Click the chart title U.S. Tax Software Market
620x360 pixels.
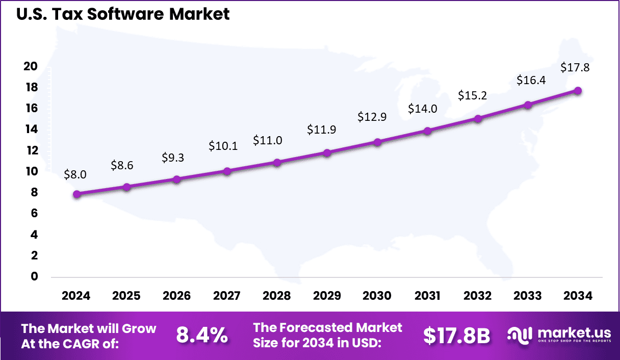pos(123,14)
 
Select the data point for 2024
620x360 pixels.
pos(76,194)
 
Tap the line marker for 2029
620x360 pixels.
pos(327,152)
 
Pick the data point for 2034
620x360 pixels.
pos(578,90)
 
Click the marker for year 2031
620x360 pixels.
pos(427,131)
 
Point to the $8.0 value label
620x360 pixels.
pos(75,174)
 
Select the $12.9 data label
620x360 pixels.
pos(372,116)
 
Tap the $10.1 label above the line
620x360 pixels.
pos(223,146)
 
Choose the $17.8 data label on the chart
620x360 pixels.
pos(575,67)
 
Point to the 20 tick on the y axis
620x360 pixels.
pos(31,66)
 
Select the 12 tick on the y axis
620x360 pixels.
pos(31,150)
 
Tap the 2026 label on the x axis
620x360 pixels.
pos(176,296)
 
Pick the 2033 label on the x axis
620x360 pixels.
pos(528,296)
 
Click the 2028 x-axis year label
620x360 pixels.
pos(277,296)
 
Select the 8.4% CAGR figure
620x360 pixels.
pos(202,336)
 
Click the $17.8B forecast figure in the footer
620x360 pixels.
pos(456,336)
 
